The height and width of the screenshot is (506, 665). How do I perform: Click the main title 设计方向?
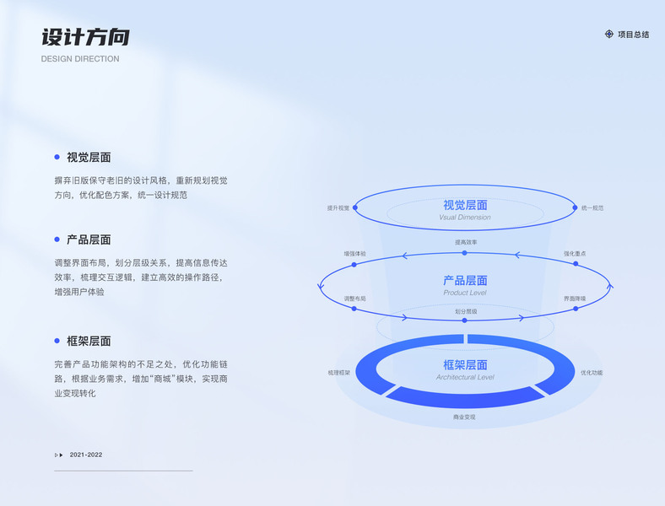85,38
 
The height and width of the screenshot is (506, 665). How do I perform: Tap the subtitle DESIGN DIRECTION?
80,59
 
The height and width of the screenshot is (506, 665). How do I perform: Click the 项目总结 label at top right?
633,35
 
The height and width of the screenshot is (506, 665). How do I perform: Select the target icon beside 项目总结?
609,35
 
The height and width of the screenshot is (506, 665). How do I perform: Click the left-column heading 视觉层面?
89,157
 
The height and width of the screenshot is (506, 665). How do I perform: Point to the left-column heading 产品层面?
89,240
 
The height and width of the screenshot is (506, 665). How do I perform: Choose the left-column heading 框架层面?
89,341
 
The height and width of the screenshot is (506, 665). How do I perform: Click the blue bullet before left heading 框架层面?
57,341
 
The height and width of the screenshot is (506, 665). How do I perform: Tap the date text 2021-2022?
86,455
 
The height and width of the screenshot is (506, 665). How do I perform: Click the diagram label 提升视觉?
338,207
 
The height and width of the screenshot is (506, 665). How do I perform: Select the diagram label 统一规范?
592,207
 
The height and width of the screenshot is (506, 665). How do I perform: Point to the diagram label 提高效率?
466,243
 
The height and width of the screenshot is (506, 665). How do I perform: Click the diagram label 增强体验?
354,253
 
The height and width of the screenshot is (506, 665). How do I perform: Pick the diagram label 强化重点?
575,253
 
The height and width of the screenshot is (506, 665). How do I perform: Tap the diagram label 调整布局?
354,299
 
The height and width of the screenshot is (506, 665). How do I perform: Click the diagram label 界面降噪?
575,299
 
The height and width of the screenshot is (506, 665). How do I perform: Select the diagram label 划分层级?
466,311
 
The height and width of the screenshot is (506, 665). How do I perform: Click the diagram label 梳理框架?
338,372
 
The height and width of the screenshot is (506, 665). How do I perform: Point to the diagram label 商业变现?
464,417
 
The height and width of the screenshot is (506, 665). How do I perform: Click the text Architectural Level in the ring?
465,377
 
